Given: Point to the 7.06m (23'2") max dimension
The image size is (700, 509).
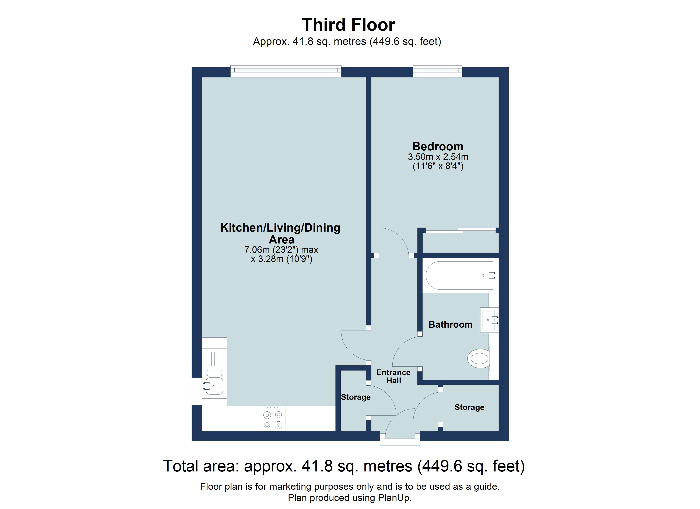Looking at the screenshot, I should (281, 249).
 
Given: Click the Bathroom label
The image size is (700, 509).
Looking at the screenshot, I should (450, 324).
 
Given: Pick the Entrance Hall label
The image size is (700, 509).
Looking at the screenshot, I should (393, 376).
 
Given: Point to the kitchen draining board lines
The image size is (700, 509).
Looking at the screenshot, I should (214, 359).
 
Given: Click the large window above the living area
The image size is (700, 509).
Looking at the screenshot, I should (286, 72).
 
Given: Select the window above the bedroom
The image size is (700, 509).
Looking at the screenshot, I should (437, 72).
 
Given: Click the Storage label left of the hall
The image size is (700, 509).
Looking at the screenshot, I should (356, 397).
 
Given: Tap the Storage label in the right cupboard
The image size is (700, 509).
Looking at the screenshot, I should (469, 407).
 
